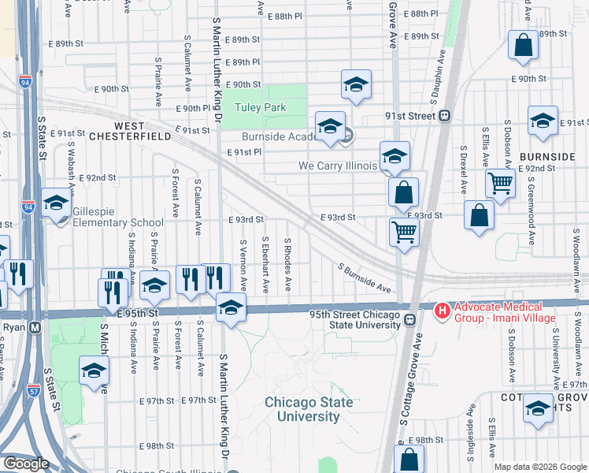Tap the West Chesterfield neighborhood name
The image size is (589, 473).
119,131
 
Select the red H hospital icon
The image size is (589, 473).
442,312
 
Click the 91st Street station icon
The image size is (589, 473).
445,116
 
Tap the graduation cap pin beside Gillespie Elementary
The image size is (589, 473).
56,203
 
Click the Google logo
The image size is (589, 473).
25,464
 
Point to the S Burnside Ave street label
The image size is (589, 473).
364,277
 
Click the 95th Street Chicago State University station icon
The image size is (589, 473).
409,319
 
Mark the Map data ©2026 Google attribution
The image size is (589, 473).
539,466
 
